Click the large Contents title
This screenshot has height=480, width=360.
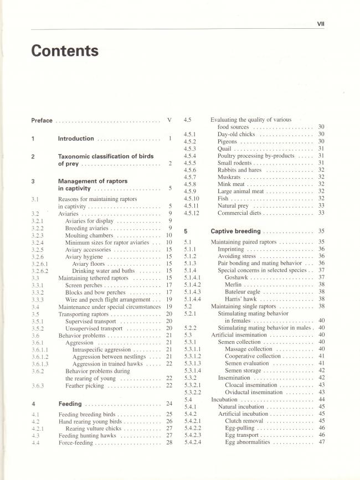(65, 51)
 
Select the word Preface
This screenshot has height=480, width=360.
(42, 120)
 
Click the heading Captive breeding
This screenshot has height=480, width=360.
(235, 231)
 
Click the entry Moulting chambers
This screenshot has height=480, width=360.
(88, 235)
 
